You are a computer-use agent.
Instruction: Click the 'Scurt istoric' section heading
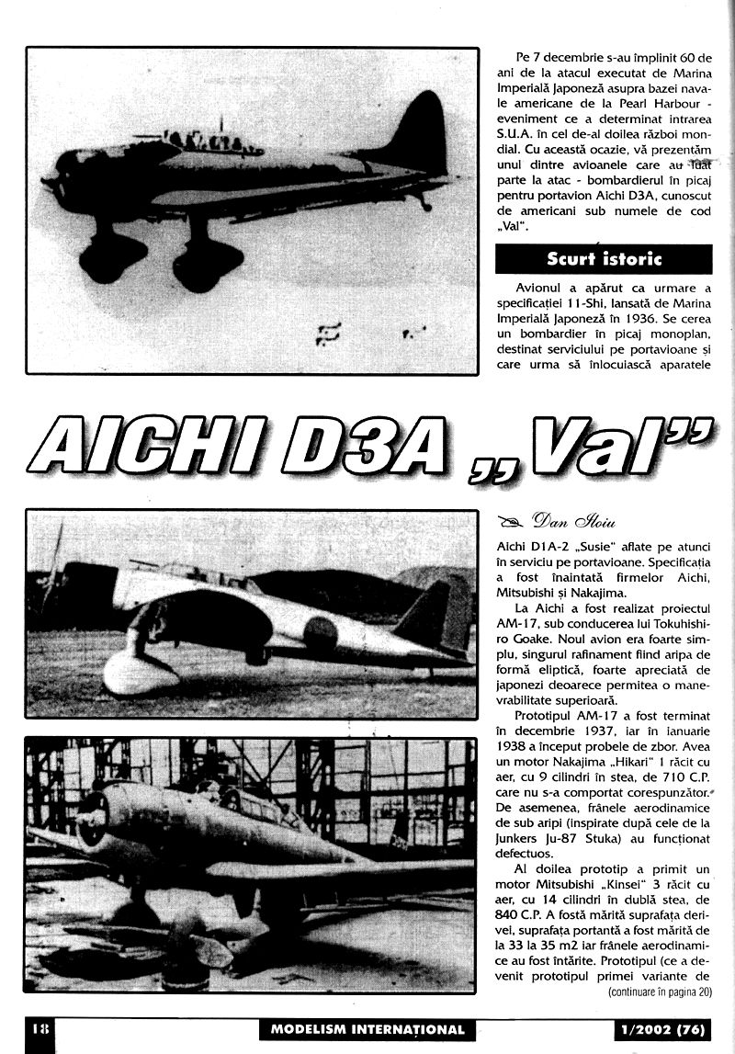[x=604, y=258]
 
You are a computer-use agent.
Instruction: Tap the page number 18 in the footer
[x=38, y=1028]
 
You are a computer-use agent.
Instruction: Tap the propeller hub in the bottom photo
[x=91, y=814]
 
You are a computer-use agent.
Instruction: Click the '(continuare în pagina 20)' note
[x=659, y=992]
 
